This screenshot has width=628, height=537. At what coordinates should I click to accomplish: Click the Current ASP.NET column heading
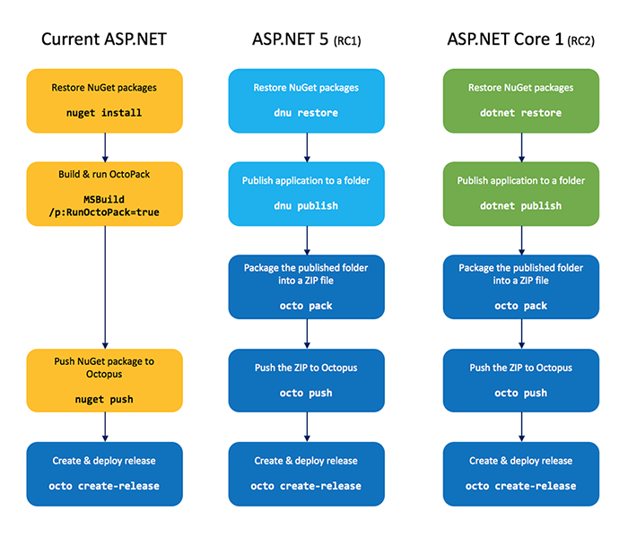click(x=105, y=39)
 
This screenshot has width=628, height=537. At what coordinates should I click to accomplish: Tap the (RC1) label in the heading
click(x=348, y=41)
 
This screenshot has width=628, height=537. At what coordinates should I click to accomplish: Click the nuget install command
click(x=104, y=113)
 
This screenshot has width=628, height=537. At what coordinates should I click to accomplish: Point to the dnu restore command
click(x=306, y=113)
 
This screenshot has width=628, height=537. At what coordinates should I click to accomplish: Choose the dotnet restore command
click(x=520, y=113)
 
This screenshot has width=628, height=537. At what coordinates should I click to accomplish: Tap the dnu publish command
click(x=306, y=205)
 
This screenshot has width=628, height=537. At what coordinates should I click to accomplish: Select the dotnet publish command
click(x=520, y=205)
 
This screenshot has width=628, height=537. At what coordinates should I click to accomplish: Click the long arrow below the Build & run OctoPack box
click(x=105, y=287)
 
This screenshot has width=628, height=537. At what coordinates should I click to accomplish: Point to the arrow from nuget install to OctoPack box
click(x=105, y=147)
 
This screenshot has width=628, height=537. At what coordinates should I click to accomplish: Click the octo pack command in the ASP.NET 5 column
click(x=306, y=306)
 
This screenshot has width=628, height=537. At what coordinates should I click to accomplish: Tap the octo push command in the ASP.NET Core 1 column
click(x=520, y=393)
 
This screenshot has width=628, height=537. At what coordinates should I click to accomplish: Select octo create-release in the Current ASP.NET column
click(x=105, y=485)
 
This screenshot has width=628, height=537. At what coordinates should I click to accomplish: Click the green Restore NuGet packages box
click(x=521, y=99)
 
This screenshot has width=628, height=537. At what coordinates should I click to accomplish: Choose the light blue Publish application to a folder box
click(x=306, y=192)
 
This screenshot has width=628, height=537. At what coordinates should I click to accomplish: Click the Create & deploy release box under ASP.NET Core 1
click(x=521, y=472)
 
